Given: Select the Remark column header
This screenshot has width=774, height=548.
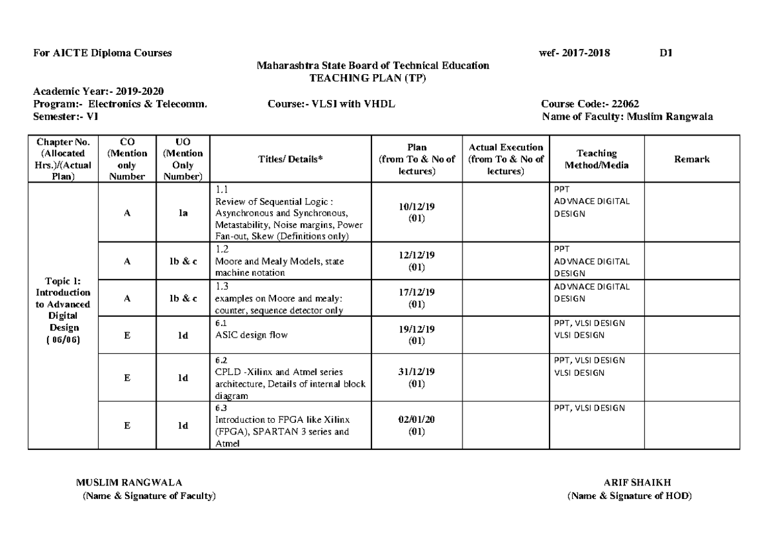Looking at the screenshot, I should pos(692,159).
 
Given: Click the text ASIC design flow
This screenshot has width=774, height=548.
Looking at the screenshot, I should pos(252,334).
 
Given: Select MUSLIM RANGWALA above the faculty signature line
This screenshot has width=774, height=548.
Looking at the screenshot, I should pos(129,482).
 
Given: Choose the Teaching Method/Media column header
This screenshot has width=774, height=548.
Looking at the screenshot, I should pos(597,159).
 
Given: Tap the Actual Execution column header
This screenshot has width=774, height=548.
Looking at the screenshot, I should pos(506,159).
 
